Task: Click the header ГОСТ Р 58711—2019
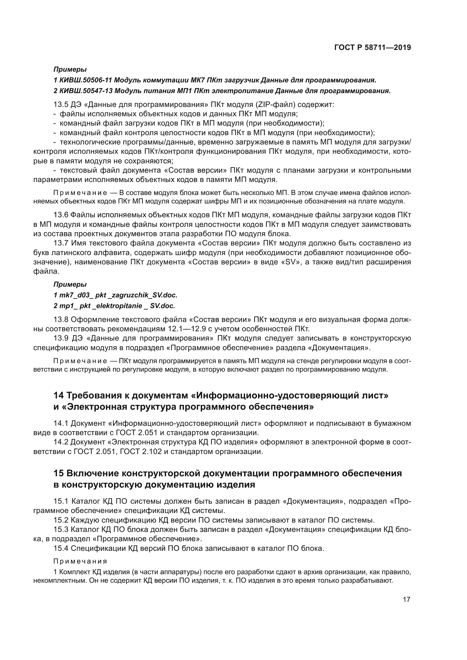click(372, 47)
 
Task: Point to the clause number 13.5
click(61, 104)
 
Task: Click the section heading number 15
click(59, 473)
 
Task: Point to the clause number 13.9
click(61, 338)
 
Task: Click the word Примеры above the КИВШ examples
click(70, 69)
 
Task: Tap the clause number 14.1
click(61, 424)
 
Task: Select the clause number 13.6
click(61, 215)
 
